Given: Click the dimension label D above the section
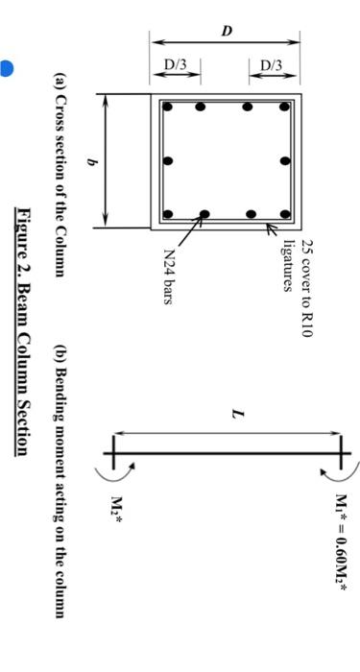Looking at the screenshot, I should tap(227, 31).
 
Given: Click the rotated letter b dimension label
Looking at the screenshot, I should tap(92, 163).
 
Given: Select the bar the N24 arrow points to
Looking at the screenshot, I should tap(204, 214).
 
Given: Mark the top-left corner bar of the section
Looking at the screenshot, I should tap(167, 107).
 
